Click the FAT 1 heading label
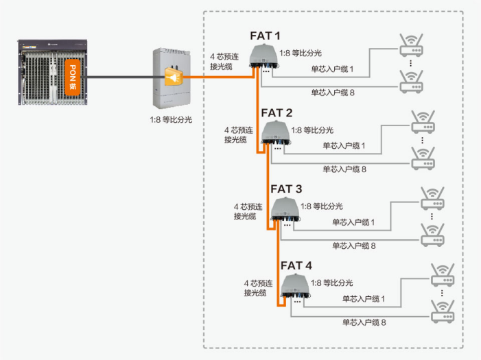[x=265, y=35]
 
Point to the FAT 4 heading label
[x=296, y=265]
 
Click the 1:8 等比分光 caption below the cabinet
[x=170, y=119]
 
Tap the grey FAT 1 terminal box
[x=264, y=56]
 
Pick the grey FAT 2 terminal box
[x=276, y=134]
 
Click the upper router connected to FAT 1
[x=412, y=45]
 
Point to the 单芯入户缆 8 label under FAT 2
[x=344, y=169]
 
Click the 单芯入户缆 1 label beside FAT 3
[x=353, y=222]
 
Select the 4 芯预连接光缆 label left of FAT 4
[x=259, y=287]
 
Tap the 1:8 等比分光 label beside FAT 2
[x=312, y=130]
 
